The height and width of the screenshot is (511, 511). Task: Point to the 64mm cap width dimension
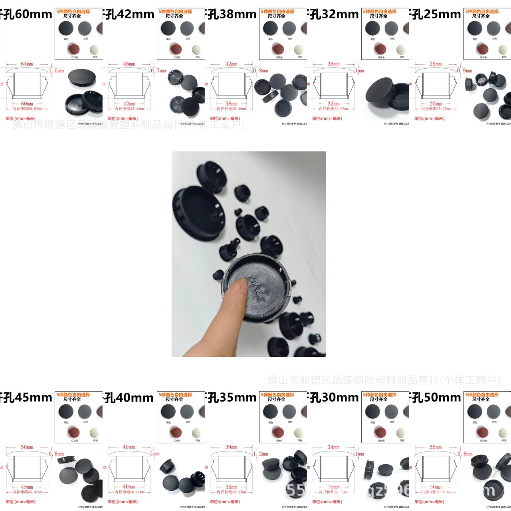coord(27,64)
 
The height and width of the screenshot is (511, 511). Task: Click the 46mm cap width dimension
coord(129,64)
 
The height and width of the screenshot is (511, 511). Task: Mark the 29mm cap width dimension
coord(436,64)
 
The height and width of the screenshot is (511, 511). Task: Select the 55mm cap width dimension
coord(436,447)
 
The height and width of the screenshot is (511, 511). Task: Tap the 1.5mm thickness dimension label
coord(56,71)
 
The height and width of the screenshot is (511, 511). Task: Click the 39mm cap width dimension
coord(231,447)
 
